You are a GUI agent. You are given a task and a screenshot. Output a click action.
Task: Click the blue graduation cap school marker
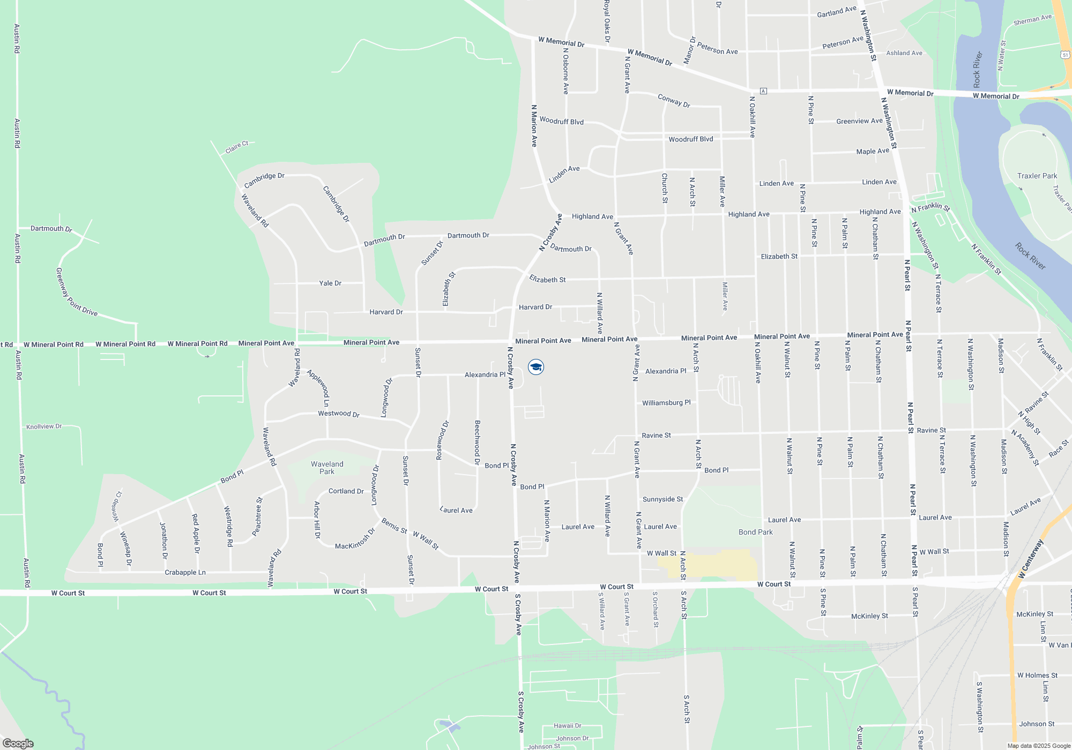(x=535, y=367)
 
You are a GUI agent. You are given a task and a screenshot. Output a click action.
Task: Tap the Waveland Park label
(x=327, y=468)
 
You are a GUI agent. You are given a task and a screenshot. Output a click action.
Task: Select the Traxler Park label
(x=1037, y=176)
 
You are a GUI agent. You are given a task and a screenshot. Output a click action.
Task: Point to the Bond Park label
(x=755, y=532)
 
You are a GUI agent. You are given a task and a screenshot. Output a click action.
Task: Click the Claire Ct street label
(x=237, y=147)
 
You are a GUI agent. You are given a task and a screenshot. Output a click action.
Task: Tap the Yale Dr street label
(x=330, y=283)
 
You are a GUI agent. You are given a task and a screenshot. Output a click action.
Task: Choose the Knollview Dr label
(x=44, y=426)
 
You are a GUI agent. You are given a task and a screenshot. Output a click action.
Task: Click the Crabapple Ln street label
(x=185, y=572)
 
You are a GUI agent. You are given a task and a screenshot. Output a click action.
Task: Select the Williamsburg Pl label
(x=666, y=402)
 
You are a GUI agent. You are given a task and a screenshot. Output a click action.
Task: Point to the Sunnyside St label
(x=662, y=499)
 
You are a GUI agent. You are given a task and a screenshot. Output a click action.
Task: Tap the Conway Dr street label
(x=674, y=101)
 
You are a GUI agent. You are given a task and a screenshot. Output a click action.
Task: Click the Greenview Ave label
(x=859, y=121)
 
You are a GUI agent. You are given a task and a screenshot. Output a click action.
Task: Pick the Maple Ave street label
(x=873, y=151)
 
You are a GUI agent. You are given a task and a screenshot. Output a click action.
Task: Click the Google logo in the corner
(x=18, y=744)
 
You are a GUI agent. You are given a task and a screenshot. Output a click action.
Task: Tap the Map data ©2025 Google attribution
(x=1039, y=746)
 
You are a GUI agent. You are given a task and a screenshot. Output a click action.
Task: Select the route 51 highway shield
(x=1065, y=55)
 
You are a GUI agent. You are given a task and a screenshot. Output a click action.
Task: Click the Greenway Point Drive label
(x=76, y=292)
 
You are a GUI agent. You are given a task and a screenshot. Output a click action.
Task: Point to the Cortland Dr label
(x=346, y=491)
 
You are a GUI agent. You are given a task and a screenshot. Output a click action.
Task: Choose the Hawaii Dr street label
(x=567, y=725)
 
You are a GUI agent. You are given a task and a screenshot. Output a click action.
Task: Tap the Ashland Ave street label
(x=904, y=53)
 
